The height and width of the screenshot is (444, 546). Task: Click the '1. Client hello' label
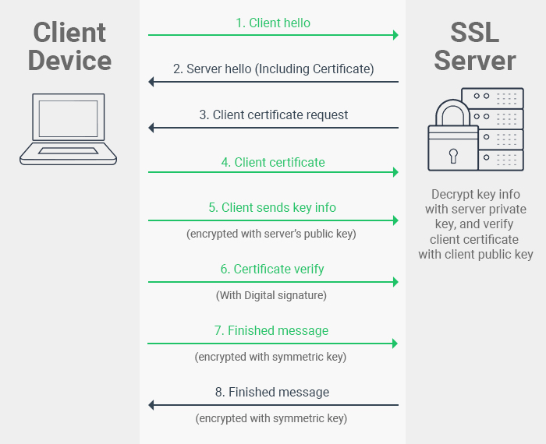273,23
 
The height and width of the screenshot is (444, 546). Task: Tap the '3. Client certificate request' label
273,115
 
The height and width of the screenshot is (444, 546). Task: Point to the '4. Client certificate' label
273,162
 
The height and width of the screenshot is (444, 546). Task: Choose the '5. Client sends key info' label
273,208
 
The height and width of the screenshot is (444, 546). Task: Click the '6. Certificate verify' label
272,270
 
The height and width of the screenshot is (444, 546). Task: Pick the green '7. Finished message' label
272,331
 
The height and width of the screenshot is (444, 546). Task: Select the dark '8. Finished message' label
272,393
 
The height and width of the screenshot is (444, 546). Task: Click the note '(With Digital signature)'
271,295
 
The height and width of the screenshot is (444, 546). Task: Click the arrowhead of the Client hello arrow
395,35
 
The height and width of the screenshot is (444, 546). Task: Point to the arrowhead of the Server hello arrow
151,81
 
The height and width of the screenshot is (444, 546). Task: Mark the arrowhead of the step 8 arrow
151,405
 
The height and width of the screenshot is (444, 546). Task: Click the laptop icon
69,129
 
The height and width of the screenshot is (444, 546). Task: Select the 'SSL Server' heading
475,46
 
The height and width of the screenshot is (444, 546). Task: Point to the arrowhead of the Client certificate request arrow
151,127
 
